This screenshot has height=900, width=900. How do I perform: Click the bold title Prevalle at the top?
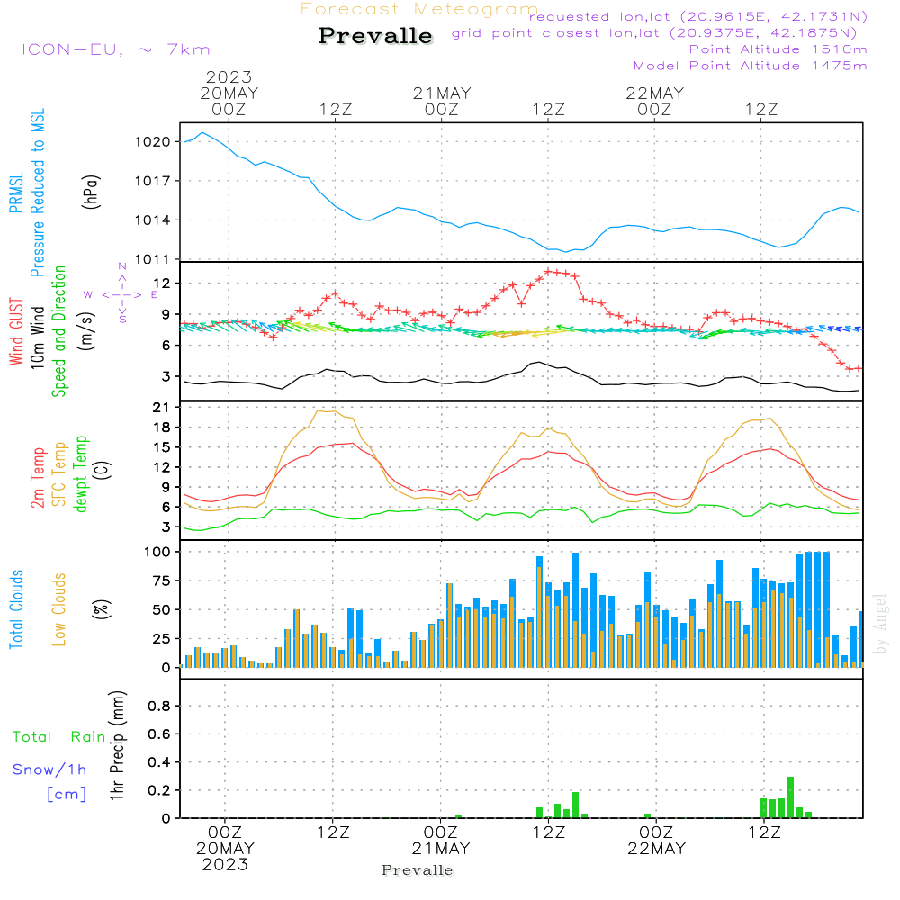click(x=375, y=36)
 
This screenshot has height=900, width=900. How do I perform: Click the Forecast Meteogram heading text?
click(x=419, y=9)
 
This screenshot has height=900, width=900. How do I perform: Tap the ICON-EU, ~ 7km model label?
click(x=115, y=49)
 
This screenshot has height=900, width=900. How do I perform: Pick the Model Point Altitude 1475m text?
click(x=750, y=65)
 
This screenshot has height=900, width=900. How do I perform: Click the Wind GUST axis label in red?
click(x=16, y=334)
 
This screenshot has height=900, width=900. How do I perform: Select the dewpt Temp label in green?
click(x=81, y=473)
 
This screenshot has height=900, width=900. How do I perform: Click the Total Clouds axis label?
click(x=16, y=609)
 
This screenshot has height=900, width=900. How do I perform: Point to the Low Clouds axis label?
click(x=59, y=609)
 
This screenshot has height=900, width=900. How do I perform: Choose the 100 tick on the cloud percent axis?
click(x=157, y=551)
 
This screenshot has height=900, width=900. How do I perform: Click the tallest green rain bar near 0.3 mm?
click(x=790, y=796)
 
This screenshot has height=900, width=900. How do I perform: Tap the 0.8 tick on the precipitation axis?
click(x=158, y=706)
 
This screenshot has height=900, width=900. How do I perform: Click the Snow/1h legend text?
click(x=50, y=769)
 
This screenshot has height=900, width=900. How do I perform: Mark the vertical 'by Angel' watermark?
click(x=880, y=624)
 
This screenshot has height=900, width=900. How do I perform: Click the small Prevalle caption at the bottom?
click(x=418, y=870)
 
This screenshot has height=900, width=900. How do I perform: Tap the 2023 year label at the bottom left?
click(x=225, y=865)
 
